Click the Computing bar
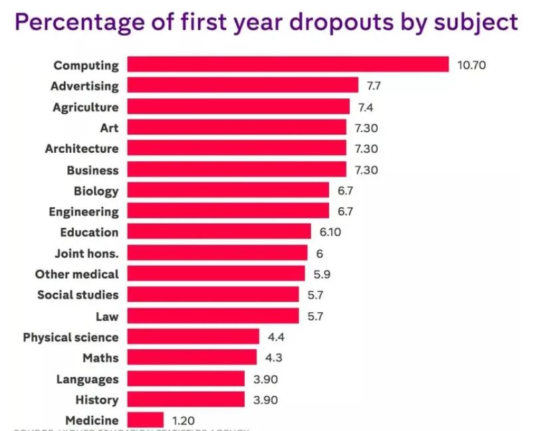[287, 64]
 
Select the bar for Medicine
[145, 420]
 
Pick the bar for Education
[219, 232]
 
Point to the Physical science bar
[193, 337]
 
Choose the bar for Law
[213, 315]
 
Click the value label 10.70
[472, 65]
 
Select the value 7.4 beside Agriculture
[366, 107]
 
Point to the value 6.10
[333, 232]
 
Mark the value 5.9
[321, 274]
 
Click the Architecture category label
[82, 148]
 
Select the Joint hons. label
[86, 253]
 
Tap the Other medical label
[77, 274]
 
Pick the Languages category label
[88, 379]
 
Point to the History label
[97, 400]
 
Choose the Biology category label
[96, 191]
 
